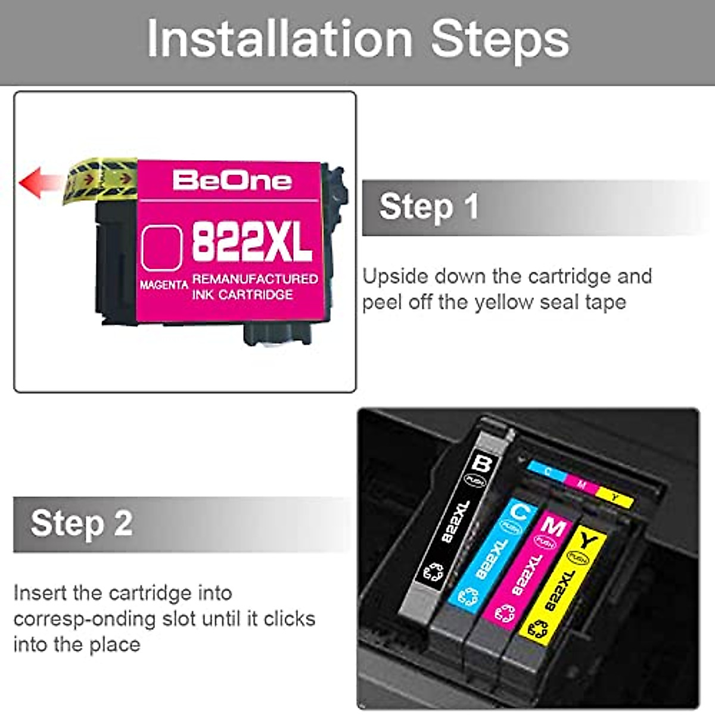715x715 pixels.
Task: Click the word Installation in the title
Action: tap(279, 39)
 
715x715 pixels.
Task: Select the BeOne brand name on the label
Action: tap(232, 181)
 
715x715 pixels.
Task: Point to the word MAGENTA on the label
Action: tap(164, 285)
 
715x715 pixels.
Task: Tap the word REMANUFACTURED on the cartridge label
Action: tap(255, 279)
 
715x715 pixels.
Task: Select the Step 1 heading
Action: tap(429, 207)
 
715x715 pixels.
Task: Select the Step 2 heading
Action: tap(82, 523)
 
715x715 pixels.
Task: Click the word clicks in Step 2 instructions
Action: tap(289, 618)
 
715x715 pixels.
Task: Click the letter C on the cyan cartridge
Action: tap(520, 510)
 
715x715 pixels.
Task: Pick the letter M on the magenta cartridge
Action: tap(554, 526)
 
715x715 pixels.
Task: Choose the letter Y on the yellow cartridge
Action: tap(588, 541)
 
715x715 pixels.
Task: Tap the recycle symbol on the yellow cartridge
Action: tap(539, 627)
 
